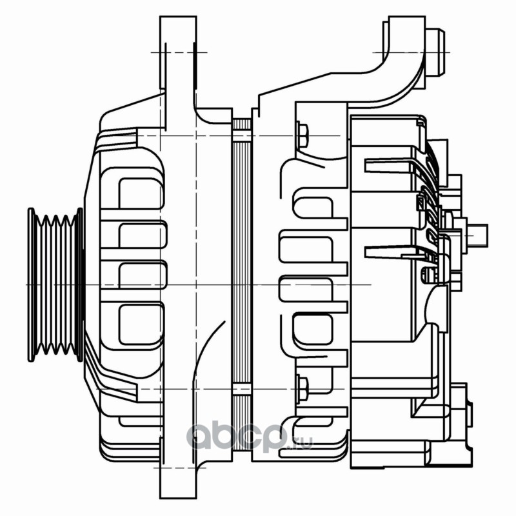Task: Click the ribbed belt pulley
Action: coord(55,284)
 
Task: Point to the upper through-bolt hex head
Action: coord(303,135)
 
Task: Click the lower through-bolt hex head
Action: coord(303,387)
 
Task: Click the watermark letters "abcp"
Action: coord(235,439)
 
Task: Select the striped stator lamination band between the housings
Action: coord(241,258)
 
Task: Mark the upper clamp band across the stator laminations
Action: coord(241,136)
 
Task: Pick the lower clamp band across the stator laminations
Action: coord(241,389)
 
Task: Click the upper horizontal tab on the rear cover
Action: coord(387,166)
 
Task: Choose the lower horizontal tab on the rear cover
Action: coord(387,252)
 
